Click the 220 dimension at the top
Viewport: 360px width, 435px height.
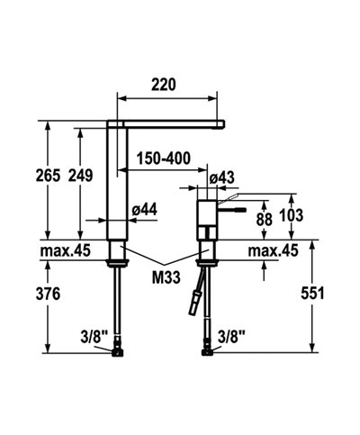(165, 85)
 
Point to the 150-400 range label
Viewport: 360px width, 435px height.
(163, 159)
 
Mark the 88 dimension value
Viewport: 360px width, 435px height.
(264, 217)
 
